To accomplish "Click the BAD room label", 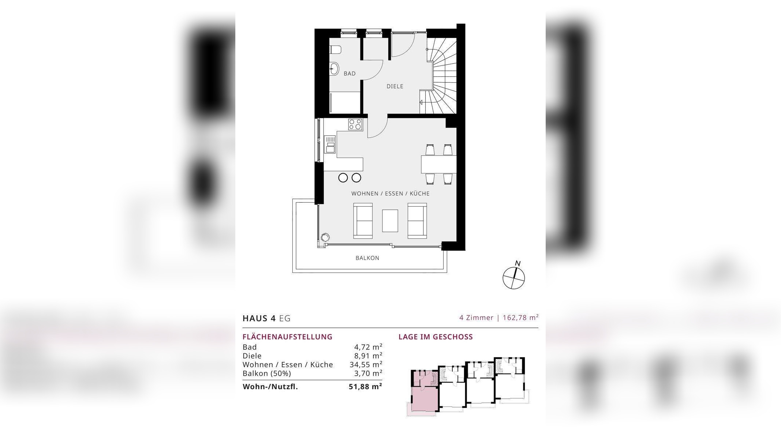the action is pos(350,74).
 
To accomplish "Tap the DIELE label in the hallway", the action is pos(395,86).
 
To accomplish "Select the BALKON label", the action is pos(367,258).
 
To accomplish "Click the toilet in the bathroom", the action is pos(335,49).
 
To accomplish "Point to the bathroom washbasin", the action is pos(334,68).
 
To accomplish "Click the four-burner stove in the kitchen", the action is pos(355,124).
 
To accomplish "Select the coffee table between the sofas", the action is pos(390,221).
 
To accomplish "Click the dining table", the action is pos(439,164).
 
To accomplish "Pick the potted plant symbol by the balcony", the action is pos(324,237).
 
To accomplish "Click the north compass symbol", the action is pos(514,277).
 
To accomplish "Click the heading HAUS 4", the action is pos(259,318).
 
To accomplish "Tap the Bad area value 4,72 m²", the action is pos(366,347).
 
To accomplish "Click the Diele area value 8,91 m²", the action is pos(366,356).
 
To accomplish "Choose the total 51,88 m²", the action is pos(365,387).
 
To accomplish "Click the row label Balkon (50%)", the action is pos(267,374).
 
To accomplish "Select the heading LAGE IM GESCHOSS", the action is pos(436,337).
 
